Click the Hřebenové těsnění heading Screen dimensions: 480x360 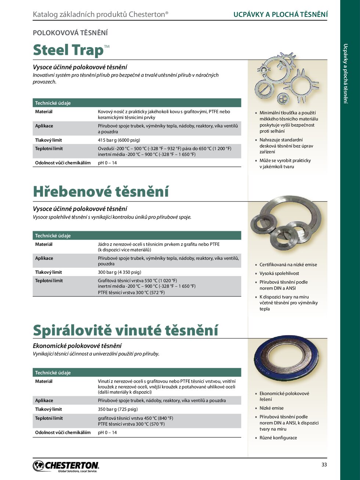click(101, 191)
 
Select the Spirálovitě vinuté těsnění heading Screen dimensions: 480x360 click(125, 330)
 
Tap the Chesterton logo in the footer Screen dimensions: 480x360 click(66, 466)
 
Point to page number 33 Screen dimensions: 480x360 click(324, 465)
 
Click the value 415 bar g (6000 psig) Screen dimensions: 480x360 click(119, 140)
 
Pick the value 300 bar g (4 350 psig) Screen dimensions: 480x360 click(119, 272)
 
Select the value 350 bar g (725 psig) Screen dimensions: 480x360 click(118, 409)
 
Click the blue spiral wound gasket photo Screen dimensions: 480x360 click(286, 360)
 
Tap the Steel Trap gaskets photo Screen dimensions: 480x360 click(287, 79)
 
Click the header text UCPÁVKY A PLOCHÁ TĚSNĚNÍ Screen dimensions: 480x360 click(280, 14)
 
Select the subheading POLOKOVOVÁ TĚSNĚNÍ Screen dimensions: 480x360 click(70, 33)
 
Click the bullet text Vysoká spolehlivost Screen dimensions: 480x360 click(279, 273)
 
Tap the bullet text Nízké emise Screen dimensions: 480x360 click(271, 408)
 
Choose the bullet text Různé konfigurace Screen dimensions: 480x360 click(278, 438)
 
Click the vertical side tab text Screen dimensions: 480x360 click(345, 74)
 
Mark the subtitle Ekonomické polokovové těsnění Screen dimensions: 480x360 click(77, 346)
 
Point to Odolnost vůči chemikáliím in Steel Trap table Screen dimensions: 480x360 click(63, 163)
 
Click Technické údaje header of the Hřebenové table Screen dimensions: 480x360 click(53, 236)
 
